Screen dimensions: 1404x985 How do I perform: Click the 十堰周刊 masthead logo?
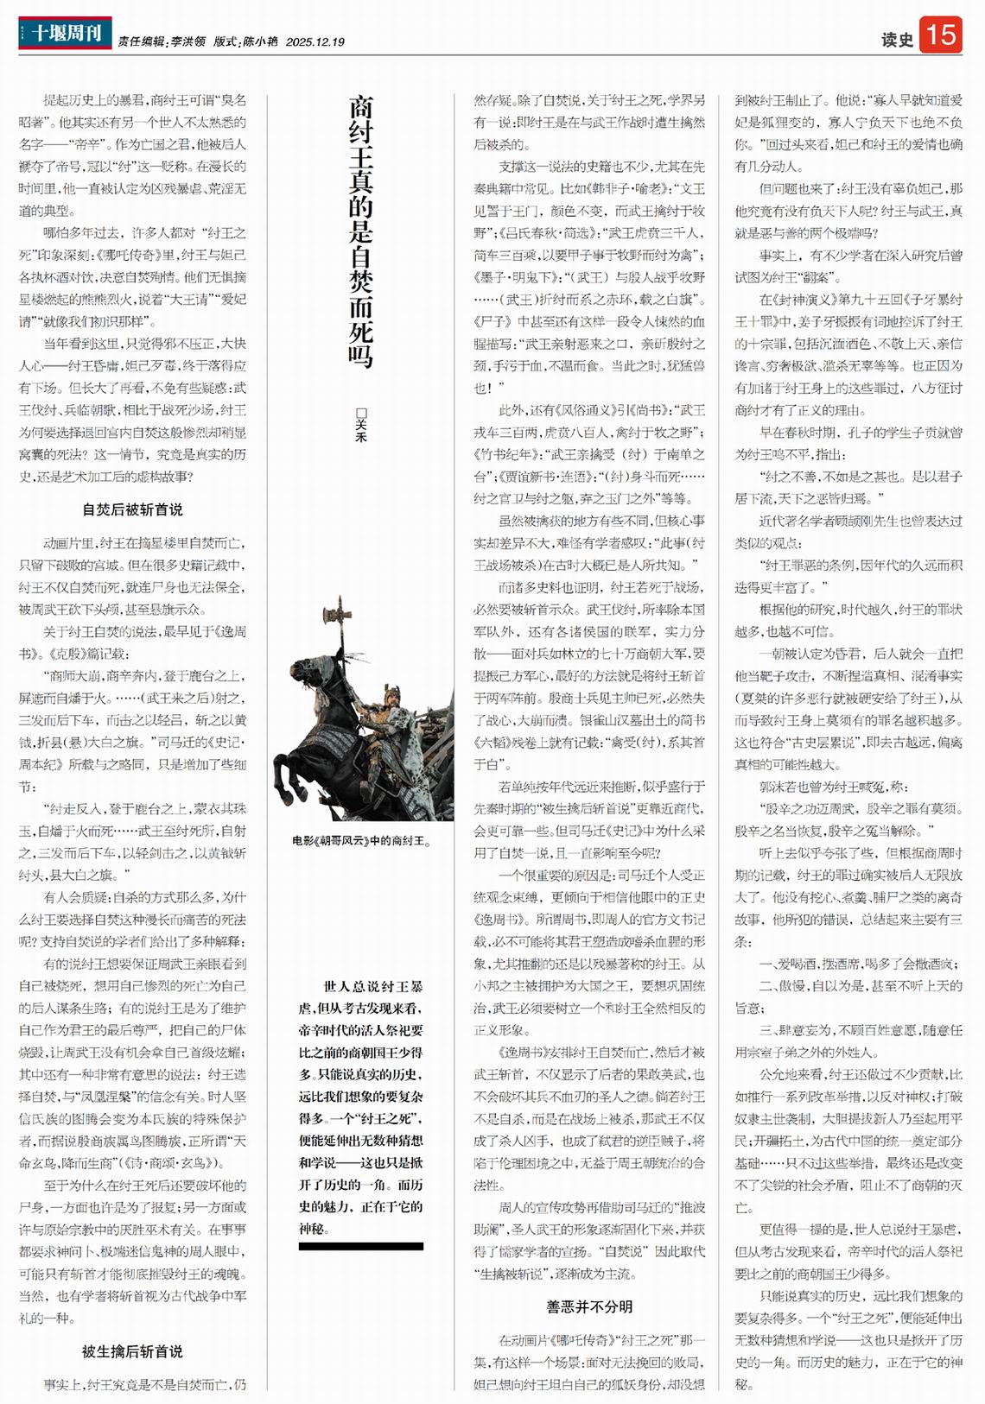(65, 34)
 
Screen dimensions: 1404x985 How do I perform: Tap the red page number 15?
(940, 35)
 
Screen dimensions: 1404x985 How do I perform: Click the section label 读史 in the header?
(897, 40)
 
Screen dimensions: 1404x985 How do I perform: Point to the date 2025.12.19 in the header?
(315, 41)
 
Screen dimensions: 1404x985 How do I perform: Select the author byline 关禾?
(361, 425)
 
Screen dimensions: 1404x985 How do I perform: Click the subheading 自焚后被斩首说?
(132, 509)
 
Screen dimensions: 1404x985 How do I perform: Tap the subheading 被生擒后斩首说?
(132, 1351)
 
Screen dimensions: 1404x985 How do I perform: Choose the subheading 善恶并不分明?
(589, 1306)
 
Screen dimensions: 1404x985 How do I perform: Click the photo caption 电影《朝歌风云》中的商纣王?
(361, 840)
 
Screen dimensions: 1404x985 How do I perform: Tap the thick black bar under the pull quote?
(360, 1246)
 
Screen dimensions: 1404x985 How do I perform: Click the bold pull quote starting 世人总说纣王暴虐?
(360, 1106)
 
